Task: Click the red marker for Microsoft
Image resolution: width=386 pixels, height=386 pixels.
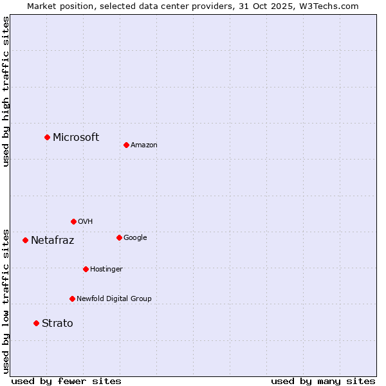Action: click(x=47, y=137)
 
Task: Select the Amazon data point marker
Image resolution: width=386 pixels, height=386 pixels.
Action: click(x=126, y=145)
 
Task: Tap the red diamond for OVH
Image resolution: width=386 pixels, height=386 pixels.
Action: click(x=73, y=221)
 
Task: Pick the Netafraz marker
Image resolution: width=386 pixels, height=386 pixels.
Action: click(x=25, y=240)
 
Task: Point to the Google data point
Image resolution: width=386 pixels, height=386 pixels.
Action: click(x=119, y=237)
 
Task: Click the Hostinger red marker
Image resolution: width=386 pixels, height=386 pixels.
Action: click(x=86, y=269)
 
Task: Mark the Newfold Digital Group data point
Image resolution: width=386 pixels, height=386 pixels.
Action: click(x=72, y=299)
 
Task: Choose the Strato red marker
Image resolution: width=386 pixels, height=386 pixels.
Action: click(x=36, y=323)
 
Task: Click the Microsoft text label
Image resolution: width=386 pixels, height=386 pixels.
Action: click(x=76, y=137)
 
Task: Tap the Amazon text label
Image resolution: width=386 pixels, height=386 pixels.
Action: click(x=144, y=145)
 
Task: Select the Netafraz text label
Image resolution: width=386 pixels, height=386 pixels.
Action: click(x=53, y=241)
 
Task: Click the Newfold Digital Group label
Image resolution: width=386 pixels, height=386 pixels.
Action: click(x=114, y=299)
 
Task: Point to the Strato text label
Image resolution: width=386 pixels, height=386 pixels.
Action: click(x=57, y=324)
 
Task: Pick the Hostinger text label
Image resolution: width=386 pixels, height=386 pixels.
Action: click(x=106, y=269)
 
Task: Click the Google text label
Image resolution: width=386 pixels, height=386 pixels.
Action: click(x=135, y=238)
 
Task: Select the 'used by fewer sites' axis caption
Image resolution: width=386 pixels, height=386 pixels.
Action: click(x=66, y=381)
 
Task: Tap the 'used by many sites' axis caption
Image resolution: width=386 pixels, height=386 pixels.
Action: click(x=323, y=381)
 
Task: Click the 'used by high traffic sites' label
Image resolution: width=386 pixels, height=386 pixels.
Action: click(x=6, y=91)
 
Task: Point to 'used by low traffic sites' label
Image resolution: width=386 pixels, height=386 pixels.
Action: click(x=6, y=300)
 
